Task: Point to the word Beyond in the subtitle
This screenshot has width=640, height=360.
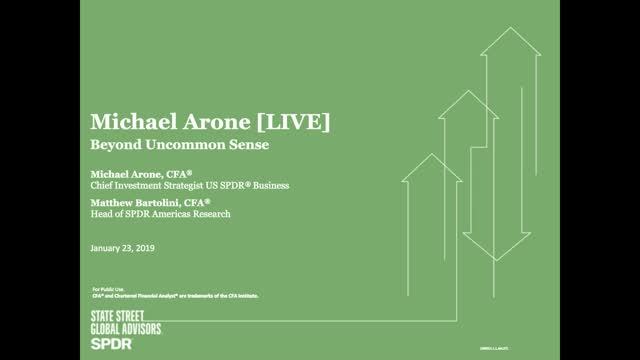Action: (x=114, y=144)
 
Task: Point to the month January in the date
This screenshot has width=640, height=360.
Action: (x=109, y=247)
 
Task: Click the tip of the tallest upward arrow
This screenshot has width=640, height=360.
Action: (x=512, y=28)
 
